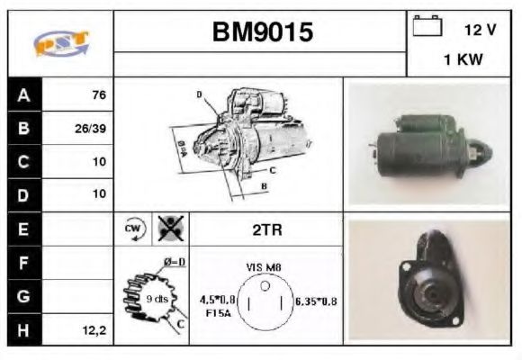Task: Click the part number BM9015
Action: pyautogui.click(x=262, y=32)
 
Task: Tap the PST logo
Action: pyautogui.click(x=59, y=43)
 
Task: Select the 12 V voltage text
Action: pyautogui.click(x=480, y=29)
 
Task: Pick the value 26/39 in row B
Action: pyautogui.click(x=91, y=129)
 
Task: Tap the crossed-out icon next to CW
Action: pyautogui.click(x=167, y=229)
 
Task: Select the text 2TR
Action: pyautogui.click(x=267, y=229)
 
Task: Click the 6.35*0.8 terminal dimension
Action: pyautogui.click(x=316, y=301)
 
